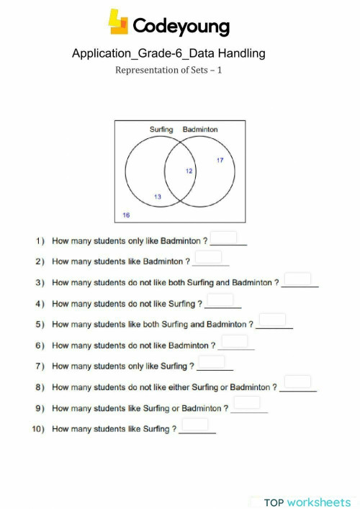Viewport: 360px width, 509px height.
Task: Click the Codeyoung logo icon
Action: pyautogui.click(x=118, y=22)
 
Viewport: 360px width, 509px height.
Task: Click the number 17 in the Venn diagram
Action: pyautogui.click(x=220, y=160)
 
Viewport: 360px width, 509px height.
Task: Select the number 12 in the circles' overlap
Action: pyautogui.click(x=189, y=171)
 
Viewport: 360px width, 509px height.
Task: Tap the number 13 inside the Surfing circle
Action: pyautogui.click(x=158, y=197)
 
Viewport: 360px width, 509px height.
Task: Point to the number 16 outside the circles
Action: pyautogui.click(x=126, y=215)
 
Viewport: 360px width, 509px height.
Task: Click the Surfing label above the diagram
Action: pyautogui.click(x=161, y=130)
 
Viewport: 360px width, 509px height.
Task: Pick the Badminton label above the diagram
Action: pyautogui.click(x=200, y=130)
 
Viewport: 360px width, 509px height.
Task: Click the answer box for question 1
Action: pyautogui.click(x=223, y=238)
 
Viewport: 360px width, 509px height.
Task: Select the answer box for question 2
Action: pyautogui.click(x=207, y=258)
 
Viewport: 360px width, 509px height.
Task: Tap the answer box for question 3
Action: pyautogui.click(x=297, y=279)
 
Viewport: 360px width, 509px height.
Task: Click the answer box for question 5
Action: pyautogui.click(x=272, y=320)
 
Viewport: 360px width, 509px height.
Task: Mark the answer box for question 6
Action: pyautogui.click(x=234, y=341)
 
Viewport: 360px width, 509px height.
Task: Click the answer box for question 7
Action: pyautogui.click(x=211, y=362)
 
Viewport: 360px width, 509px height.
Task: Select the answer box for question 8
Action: pyautogui.click(x=297, y=382)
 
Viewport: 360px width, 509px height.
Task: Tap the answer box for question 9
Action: pyautogui.click(x=247, y=403)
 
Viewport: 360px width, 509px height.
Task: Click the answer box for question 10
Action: pyautogui.click(x=195, y=425)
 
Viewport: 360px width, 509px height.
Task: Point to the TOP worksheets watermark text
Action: pyautogui.click(x=307, y=502)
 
